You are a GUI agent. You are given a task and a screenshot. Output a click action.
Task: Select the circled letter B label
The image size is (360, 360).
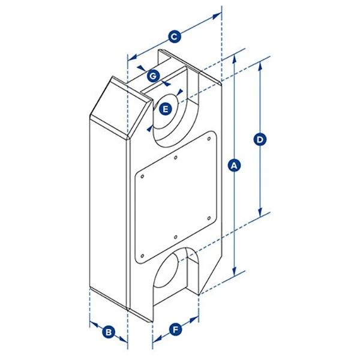pyautogui.click(x=109, y=331)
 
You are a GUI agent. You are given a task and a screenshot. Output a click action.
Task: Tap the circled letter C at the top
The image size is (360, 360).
pyautogui.click(x=174, y=37)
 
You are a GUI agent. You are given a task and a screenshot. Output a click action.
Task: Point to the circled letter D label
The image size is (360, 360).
pyautogui.click(x=260, y=139)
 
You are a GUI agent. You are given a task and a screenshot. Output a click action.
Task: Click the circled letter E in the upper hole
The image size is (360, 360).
pyautogui.click(x=167, y=109)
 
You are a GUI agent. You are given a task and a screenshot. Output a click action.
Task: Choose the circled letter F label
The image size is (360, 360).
pyautogui.click(x=175, y=329)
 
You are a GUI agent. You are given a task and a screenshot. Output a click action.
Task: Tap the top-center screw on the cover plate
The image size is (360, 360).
pyautogui.click(x=175, y=158)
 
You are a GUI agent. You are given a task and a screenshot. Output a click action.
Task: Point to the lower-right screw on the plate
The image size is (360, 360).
pyautogui.click(x=208, y=218)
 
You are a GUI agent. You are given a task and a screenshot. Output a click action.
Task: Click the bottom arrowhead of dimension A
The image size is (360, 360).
pyautogui.click(x=235, y=271)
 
